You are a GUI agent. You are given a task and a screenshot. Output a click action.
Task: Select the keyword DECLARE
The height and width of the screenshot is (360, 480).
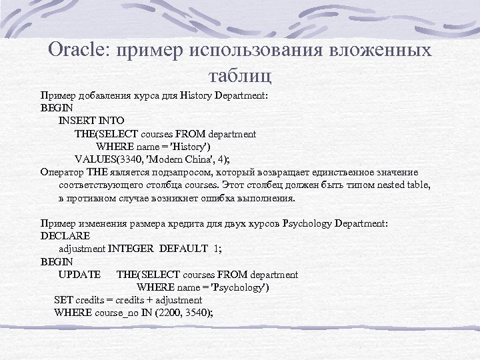point(65,236)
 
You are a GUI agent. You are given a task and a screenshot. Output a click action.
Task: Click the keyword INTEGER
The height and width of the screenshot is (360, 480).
point(131,249)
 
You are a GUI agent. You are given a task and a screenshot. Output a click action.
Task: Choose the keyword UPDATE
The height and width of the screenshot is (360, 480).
point(79,275)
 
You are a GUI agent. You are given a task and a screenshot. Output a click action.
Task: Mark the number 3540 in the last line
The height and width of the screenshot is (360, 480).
point(197,313)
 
